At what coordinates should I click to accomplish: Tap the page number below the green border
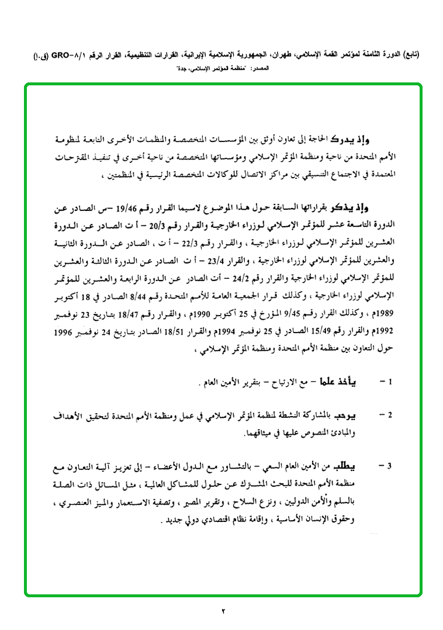pos(223,612)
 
